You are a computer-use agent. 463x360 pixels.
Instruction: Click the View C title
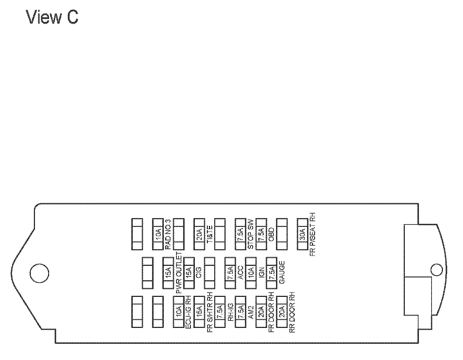point(52,17)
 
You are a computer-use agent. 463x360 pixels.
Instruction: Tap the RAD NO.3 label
point(168,234)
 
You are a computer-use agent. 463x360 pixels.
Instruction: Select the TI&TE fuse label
point(209,234)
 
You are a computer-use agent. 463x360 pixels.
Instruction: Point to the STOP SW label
point(251,234)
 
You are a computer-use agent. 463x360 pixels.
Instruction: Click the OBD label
point(272,234)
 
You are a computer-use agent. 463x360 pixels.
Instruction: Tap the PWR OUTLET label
point(179,273)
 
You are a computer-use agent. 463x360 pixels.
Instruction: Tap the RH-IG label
point(230,312)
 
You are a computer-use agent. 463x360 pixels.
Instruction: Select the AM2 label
point(251,312)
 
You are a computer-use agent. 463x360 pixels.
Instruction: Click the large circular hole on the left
point(39,273)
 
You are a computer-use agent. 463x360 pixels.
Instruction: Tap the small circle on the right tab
point(437,270)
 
